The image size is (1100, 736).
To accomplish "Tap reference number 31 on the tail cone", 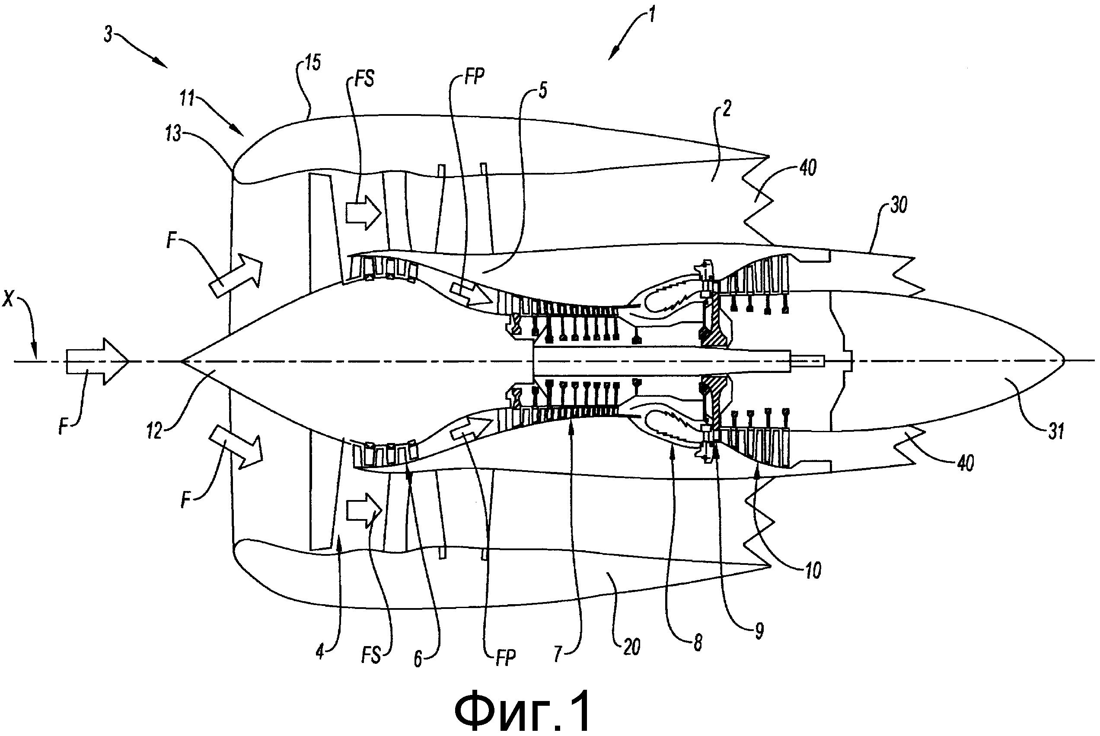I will [1055, 430].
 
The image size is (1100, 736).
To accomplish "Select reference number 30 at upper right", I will [898, 206].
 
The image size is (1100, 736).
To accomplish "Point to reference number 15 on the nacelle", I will [312, 62].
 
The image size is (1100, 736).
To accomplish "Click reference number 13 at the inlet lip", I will [174, 134].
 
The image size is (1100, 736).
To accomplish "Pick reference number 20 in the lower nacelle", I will [631, 647].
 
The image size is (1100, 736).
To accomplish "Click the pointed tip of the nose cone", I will [181, 361].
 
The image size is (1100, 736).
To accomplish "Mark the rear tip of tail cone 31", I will [1063, 360].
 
